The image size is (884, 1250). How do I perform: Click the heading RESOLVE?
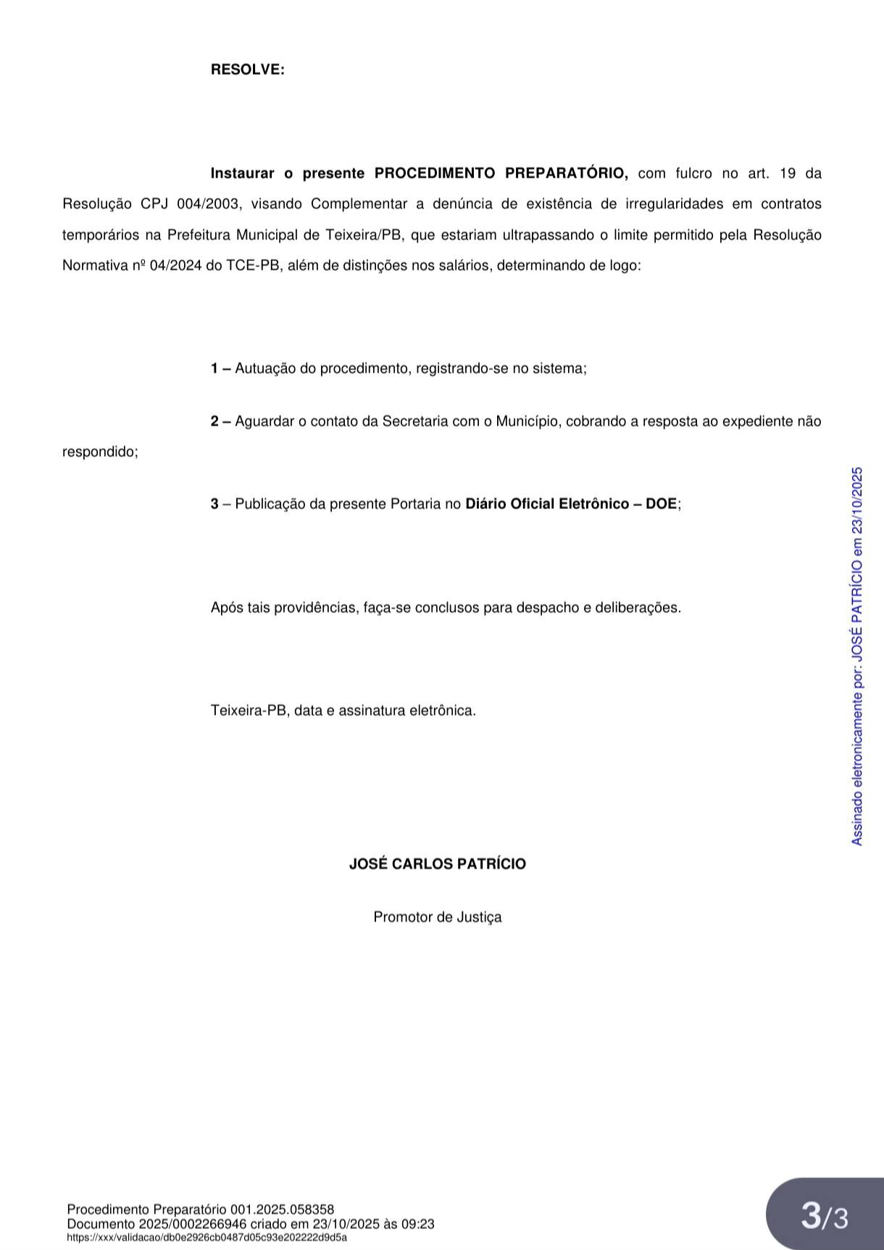(247, 70)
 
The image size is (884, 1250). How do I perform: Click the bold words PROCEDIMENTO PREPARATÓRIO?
(501, 173)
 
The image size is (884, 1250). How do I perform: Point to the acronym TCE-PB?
(253, 265)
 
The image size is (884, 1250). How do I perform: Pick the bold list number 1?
(215, 368)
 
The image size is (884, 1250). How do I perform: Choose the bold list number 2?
(215, 421)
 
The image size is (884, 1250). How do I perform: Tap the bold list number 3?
(215, 504)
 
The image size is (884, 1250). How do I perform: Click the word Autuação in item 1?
(265, 368)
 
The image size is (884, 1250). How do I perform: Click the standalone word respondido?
(100, 452)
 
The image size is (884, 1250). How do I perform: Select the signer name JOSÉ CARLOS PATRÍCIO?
(438, 864)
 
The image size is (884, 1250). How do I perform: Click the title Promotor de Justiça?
(438, 917)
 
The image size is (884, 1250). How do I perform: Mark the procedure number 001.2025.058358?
(282, 1209)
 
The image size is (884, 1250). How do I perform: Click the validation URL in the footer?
(207, 1238)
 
